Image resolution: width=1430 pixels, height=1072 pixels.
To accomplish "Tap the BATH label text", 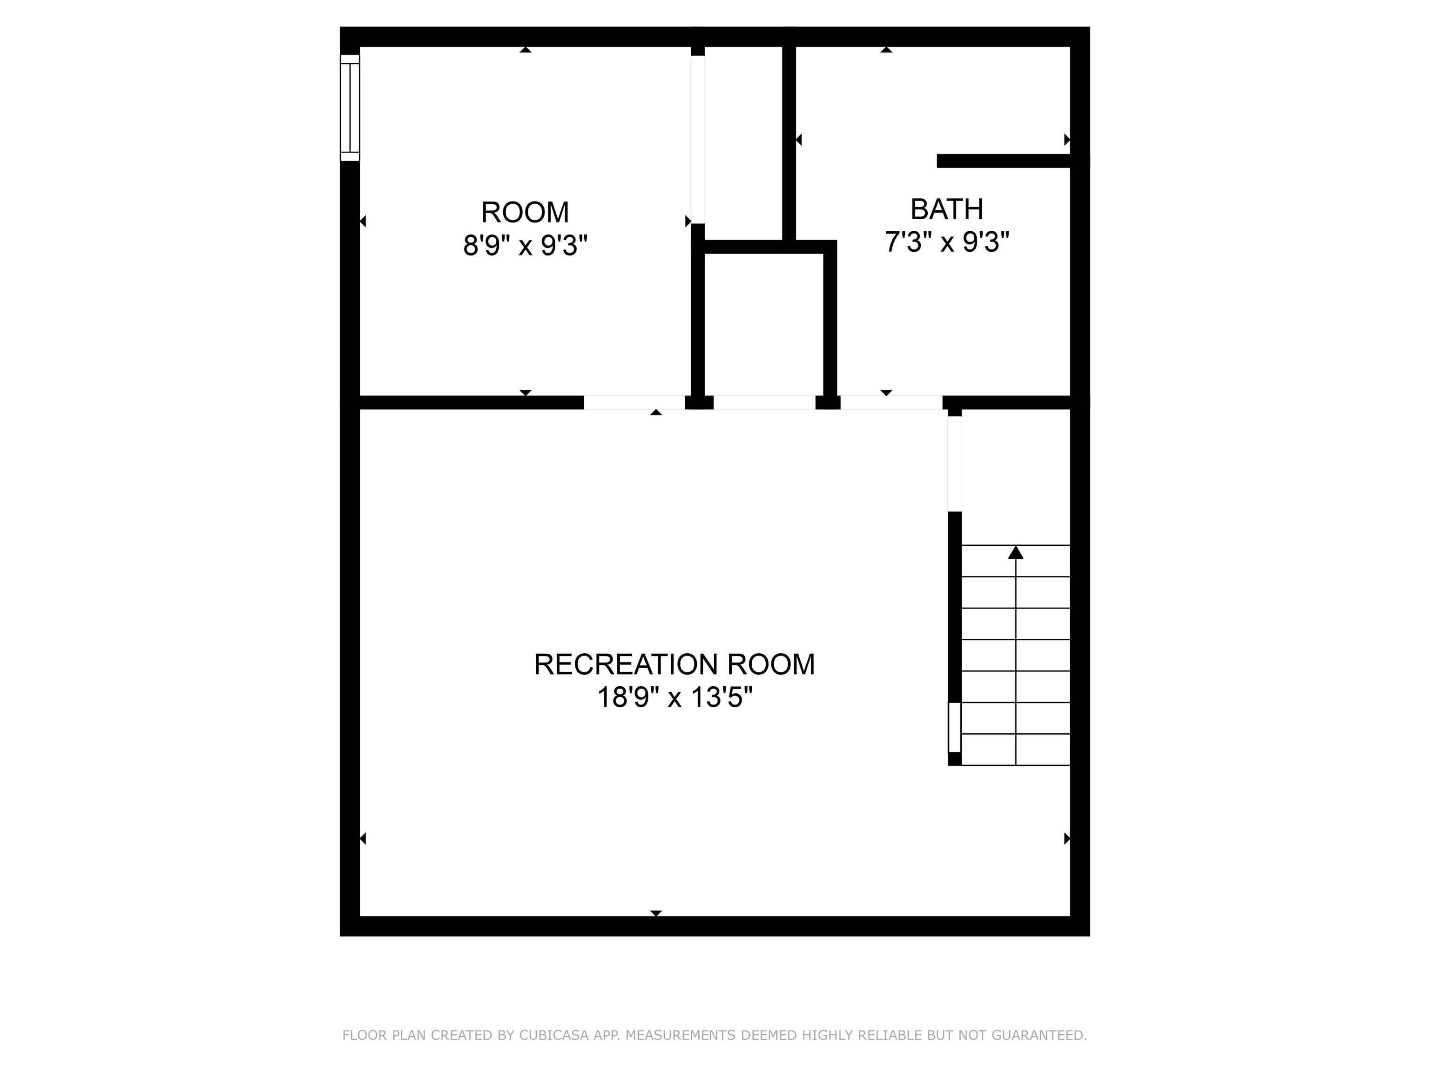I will [946, 209].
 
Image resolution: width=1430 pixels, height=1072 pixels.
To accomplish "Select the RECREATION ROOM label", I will [675, 664].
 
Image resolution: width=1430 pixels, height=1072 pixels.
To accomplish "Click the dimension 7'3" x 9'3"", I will [946, 242].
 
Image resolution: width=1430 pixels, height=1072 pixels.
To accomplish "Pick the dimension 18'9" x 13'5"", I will [675, 698].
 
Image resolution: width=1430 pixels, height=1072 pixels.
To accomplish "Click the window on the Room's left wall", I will [350, 107].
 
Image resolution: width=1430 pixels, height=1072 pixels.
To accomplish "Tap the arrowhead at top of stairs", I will [1016, 552].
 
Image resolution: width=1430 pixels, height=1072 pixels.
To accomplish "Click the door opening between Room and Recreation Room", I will [634, 402].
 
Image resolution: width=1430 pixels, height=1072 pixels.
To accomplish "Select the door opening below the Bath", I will [891, 402].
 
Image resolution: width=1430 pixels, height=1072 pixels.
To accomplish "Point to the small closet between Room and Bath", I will [763, 323].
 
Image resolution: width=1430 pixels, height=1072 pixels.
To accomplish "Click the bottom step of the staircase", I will [1016, 750].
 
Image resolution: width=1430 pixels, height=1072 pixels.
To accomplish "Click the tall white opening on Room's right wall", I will [698, 139].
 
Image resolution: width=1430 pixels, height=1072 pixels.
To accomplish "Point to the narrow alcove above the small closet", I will [743, 142].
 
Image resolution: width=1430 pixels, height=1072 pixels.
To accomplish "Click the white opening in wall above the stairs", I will [954, 463].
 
